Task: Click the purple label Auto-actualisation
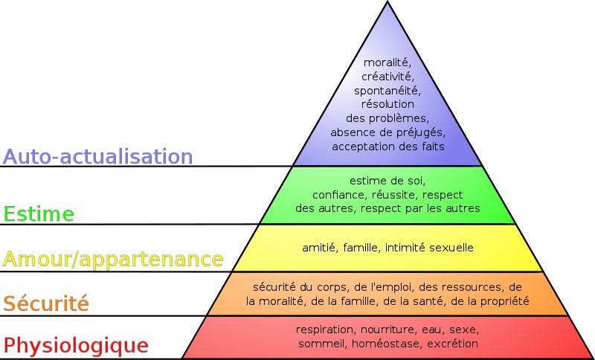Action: click(98, 156)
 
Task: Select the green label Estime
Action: click(39, 214)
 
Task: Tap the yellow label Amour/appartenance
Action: click(113, 260)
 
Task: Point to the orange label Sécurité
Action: click(46, 303)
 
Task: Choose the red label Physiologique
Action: click(76, 345)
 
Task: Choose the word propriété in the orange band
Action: click(505, 301)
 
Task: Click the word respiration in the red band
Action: click(324, 330)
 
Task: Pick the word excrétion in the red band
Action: click(453, 344)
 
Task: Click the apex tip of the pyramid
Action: click(387, 1)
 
